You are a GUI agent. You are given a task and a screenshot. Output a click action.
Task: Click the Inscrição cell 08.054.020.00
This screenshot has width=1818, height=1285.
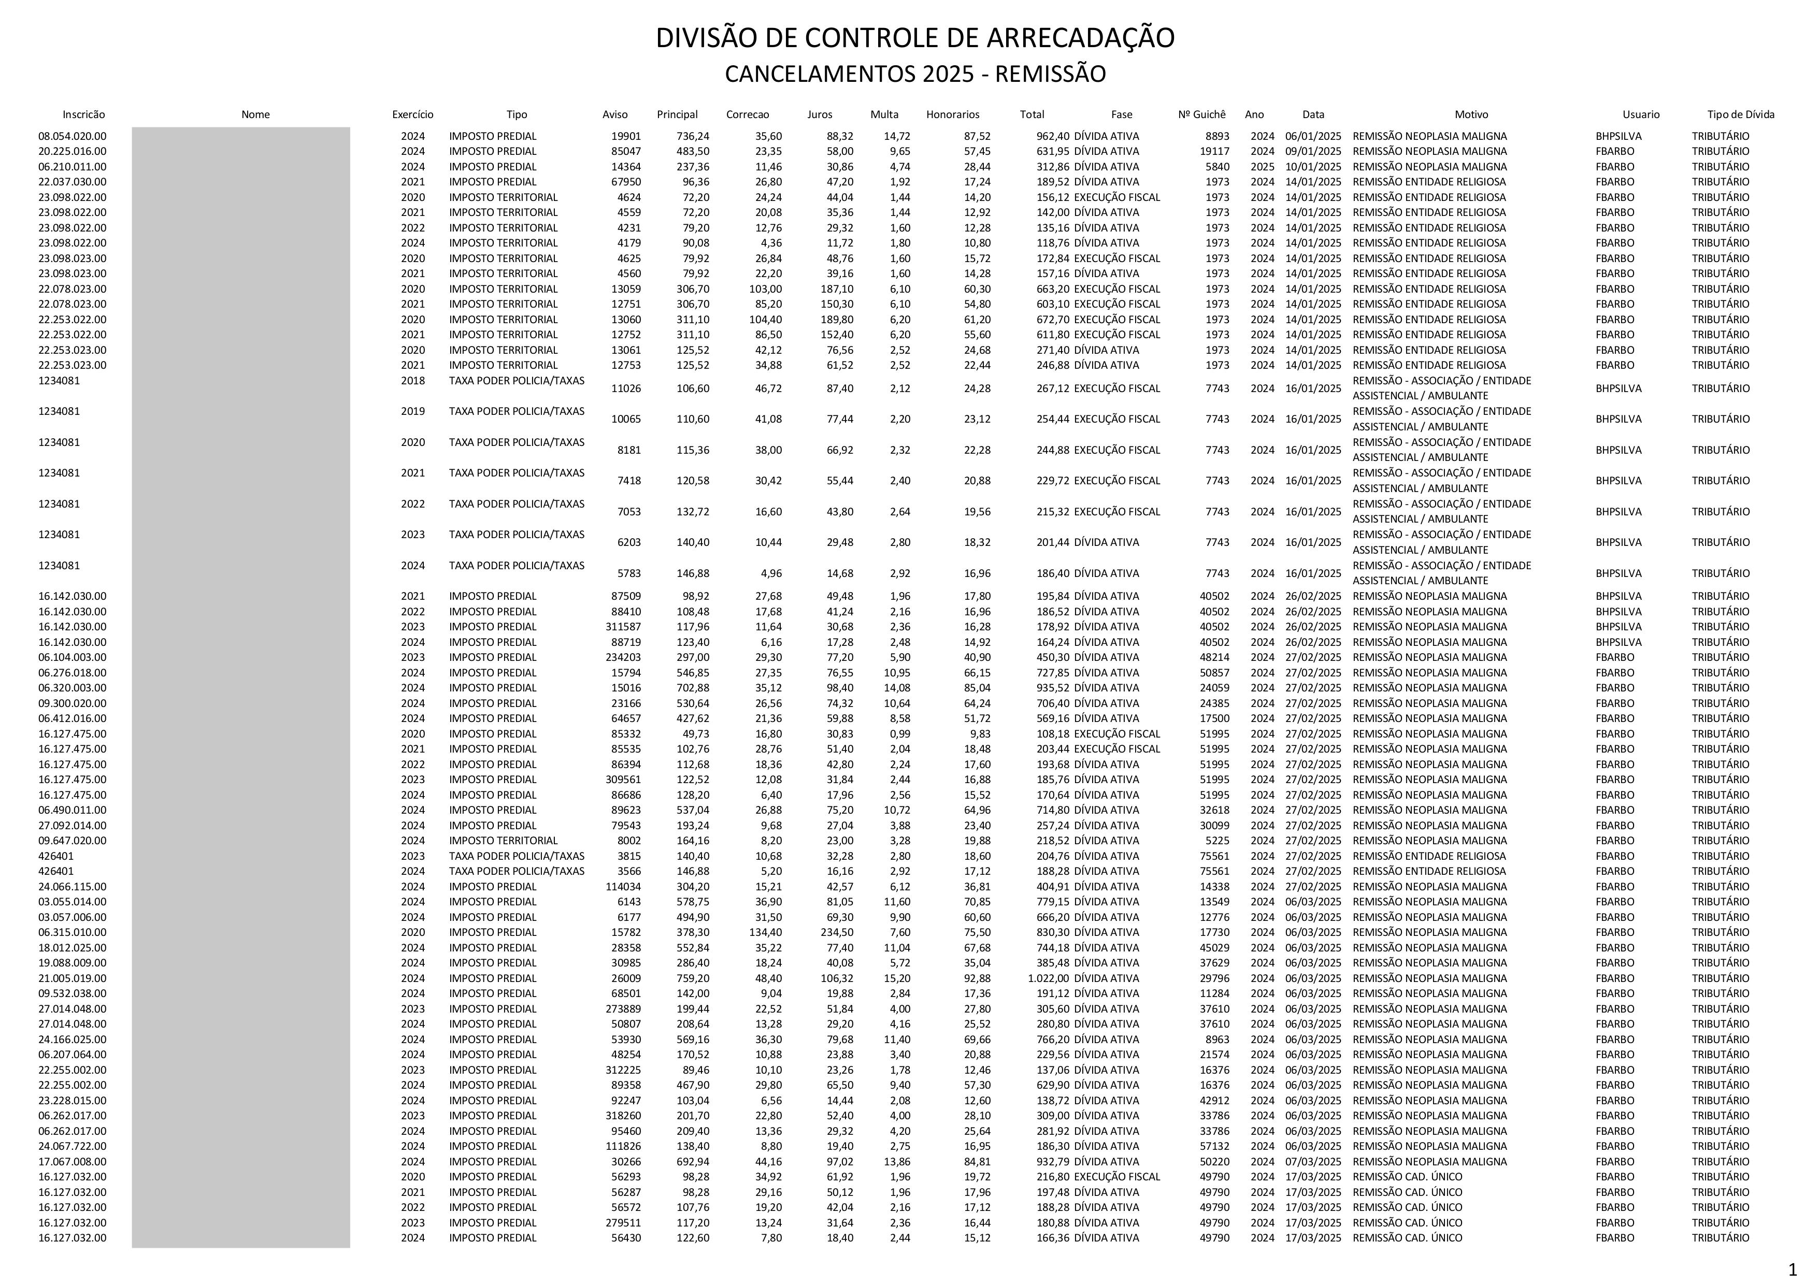[x=72, y=136]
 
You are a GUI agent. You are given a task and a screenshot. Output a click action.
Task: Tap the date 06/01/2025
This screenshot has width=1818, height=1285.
[x=1313, y=136]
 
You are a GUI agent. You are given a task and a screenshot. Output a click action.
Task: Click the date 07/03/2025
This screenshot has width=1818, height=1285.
[x=1313, y=1162]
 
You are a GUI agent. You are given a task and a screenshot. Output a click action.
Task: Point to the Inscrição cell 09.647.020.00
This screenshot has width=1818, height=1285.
[x=72, y=841]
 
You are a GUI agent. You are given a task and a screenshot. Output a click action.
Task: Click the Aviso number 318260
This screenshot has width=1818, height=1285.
[x=623, y=1116]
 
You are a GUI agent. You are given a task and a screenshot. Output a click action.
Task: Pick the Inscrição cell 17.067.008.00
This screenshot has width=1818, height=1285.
[x=72, y=1162]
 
